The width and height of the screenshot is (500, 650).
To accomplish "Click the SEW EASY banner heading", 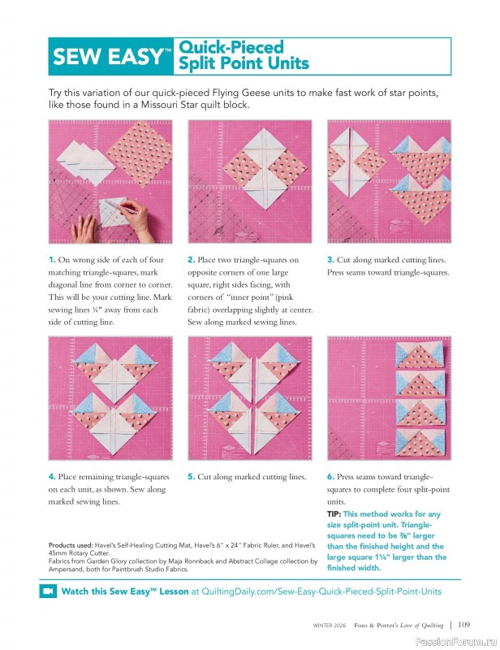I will (110, 57).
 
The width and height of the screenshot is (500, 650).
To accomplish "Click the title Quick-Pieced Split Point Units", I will (243, 55).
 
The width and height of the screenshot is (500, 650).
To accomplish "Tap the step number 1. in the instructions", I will (52, 260).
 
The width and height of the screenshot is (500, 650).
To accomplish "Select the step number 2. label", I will (191, 260).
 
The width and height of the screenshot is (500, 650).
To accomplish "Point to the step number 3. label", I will (330, 260).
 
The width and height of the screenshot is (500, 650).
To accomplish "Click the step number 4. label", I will (52, 477).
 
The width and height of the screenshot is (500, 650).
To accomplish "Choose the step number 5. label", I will (191, 477).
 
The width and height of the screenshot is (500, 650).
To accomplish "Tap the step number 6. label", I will (330, 477).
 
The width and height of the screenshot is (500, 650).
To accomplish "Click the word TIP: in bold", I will (334, 514).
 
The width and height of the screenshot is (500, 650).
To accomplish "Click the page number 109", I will (463, 625).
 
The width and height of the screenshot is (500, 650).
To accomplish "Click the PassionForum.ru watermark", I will (457, 640).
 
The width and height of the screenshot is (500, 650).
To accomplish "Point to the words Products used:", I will (71, 544).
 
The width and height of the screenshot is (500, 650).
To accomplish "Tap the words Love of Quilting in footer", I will (419, 626).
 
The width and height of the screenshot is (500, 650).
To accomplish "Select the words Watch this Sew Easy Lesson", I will (125, 592).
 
